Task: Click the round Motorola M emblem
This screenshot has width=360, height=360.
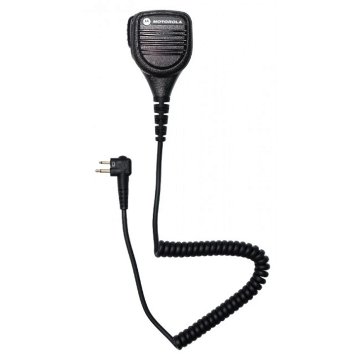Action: coord(147,21)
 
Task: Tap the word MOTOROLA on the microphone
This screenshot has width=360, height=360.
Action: coord(167,22)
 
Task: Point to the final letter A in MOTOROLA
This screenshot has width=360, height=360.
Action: coord(180,22)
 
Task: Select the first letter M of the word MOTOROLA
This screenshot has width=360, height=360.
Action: coord(155,21)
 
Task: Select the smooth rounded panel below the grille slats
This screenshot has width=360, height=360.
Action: coord(161,61)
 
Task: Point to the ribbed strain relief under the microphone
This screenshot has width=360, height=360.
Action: coord(161,119)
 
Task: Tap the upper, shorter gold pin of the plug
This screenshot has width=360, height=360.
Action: coord(105,163)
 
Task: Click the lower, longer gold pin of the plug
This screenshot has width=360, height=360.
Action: coord(102,170)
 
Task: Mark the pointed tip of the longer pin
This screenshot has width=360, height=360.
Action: coord(96,170)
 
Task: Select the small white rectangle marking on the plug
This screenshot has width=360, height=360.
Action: coord(114,164)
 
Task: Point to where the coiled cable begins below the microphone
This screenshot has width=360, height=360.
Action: coord(158,249)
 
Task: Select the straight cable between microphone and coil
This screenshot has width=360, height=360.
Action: coord(157,191)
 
